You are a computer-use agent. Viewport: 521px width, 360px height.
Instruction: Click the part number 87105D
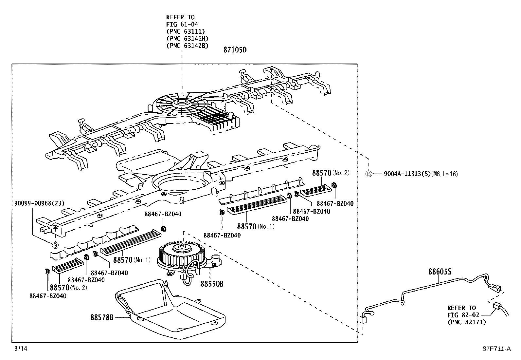[235, 50]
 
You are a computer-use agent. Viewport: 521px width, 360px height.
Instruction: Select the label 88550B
[212, 284]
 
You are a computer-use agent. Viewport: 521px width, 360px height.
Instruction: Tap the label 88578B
[102, 317]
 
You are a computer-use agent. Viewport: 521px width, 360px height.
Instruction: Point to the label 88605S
[440, 272]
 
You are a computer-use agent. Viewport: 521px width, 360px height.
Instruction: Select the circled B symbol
[369, 174]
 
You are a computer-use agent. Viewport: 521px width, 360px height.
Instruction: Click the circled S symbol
[55, 245]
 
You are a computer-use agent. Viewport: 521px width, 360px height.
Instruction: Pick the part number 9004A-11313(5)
[406, 174]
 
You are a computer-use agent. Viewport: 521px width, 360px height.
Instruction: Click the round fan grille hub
[182, 102]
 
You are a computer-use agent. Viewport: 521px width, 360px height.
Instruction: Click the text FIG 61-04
[182, 24]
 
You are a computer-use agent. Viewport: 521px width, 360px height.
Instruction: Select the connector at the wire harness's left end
[362, 320]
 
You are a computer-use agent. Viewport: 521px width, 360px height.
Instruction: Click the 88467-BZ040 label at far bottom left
[48, 296]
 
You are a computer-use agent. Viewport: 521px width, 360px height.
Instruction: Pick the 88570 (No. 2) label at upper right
[331, 173]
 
